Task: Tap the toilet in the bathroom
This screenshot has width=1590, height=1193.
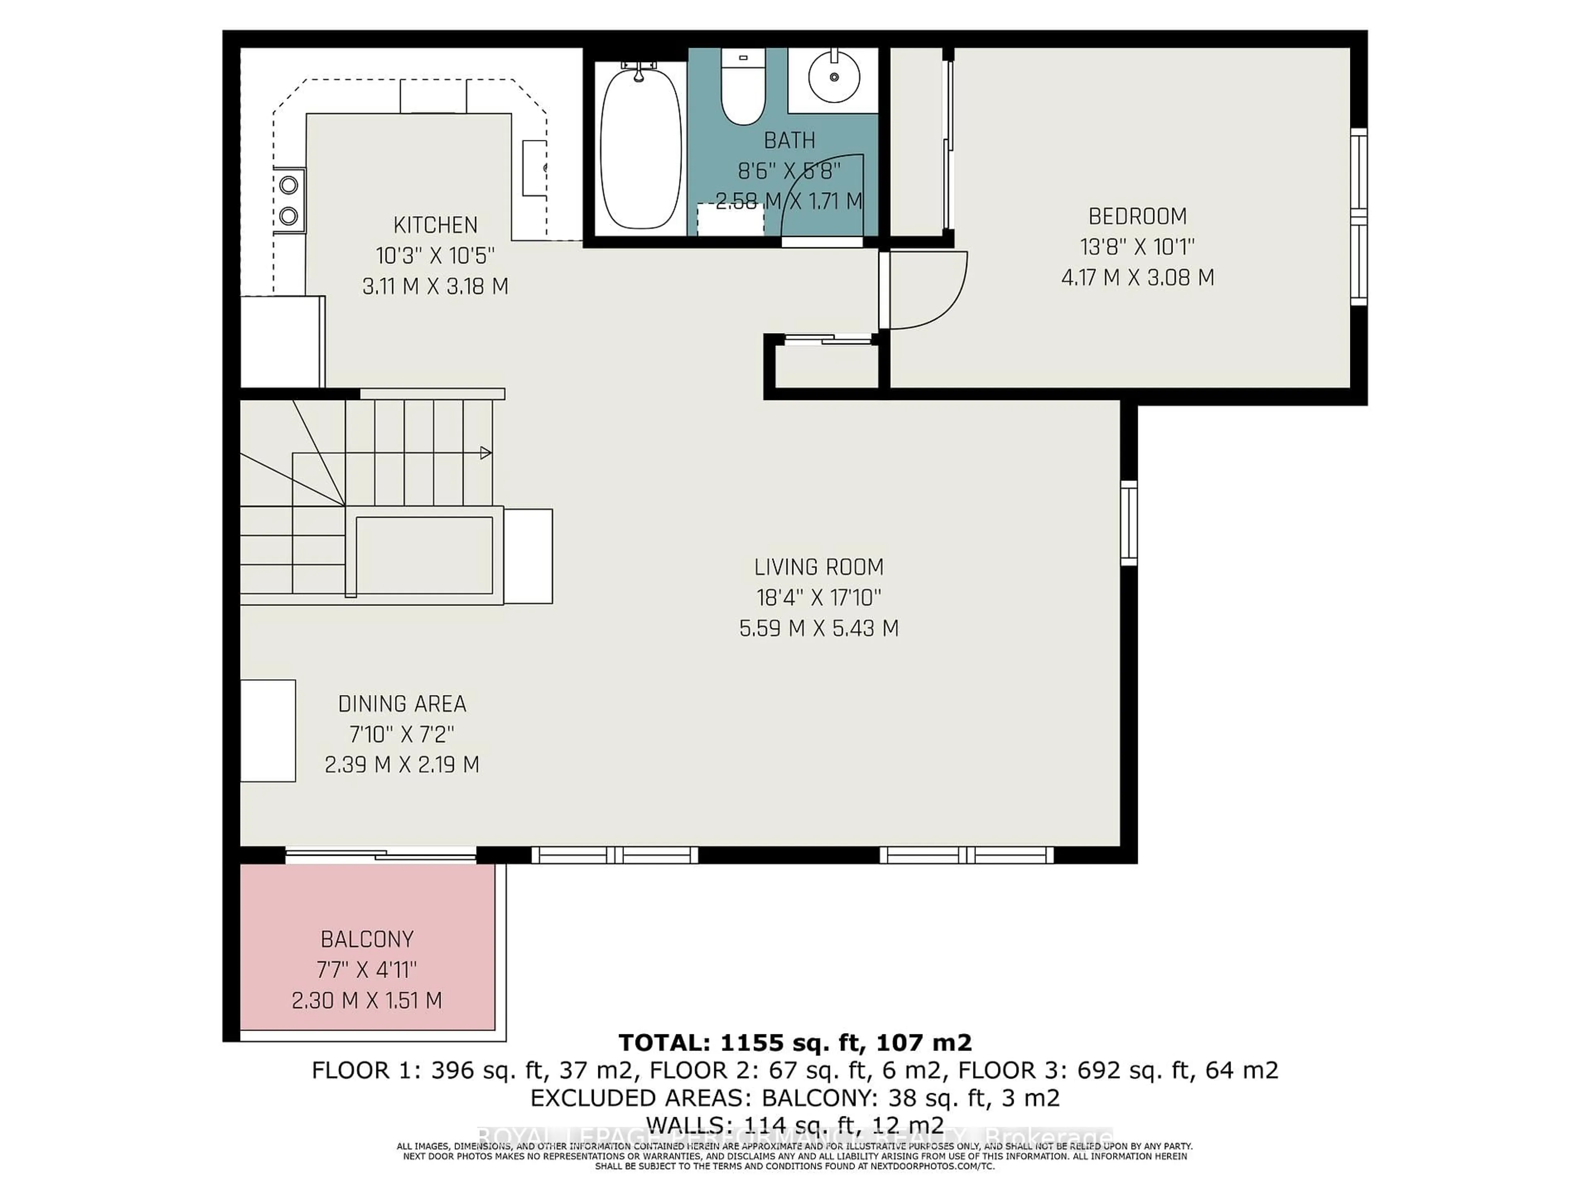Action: pos(742,90)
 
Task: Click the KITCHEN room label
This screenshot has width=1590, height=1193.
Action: pos(435,225)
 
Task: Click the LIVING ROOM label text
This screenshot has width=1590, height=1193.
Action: pos(819,568)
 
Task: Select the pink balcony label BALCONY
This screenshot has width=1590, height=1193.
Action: pos(366,939)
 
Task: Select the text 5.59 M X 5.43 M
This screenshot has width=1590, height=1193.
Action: pos(819,628)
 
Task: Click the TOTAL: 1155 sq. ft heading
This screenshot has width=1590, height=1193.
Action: pos(794,1042)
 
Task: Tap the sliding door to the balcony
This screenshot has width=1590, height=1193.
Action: pos(381,855)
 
